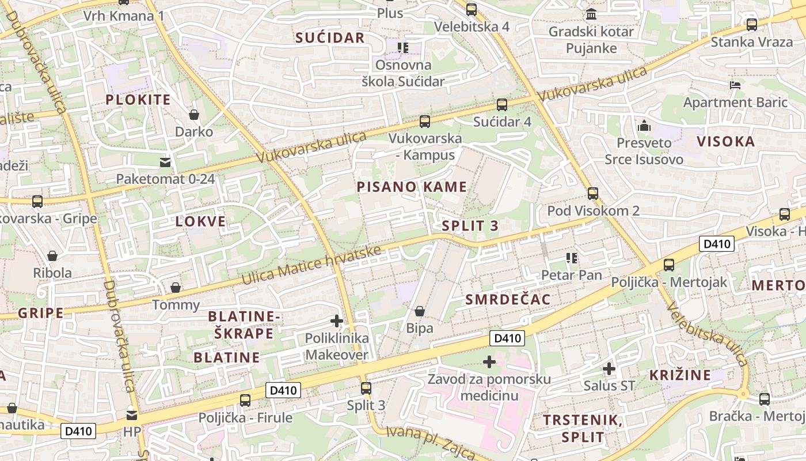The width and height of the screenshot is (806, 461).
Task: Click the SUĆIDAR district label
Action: click(x=330, y=38)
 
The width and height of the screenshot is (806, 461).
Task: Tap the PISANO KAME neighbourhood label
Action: click(x=412, y=187)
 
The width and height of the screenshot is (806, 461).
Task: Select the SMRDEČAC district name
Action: click(x=508, y=299)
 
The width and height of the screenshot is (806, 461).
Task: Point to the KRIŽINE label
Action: click(x=680, y=375)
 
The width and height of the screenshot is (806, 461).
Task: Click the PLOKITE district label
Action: click(x=138, y=100)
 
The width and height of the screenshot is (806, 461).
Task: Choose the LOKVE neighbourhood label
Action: click(x=201, y=221)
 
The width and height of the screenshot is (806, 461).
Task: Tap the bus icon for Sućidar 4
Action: click(x=502, y=105)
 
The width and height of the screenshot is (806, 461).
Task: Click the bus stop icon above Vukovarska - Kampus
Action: click(x=425, y=122)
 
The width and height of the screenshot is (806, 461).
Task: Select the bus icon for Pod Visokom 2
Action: click(x=593, y=194)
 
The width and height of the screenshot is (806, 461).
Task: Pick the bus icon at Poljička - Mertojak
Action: click(x=668, y=265)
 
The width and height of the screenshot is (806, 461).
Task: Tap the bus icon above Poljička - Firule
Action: click(x=245, y=400)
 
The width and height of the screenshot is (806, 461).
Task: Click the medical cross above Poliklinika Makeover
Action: click(x=337, y=320)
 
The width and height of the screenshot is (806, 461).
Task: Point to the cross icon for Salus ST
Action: click(x=609, y=368)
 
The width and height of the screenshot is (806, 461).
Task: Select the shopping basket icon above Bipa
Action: click(x=420, y=311)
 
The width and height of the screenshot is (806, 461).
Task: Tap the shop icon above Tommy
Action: click(x=176, y=287)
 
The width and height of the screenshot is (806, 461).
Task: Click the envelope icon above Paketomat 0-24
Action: click(x=166, y=162)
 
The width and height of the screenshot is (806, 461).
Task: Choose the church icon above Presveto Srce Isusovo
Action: click(x=644, y=125)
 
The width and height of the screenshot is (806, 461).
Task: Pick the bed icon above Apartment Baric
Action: click(x=735, y=85)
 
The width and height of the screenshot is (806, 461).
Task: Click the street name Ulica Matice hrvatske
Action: click(x=311, y=266)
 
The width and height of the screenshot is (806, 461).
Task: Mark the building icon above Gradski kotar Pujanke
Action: click(x=591, y=14)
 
